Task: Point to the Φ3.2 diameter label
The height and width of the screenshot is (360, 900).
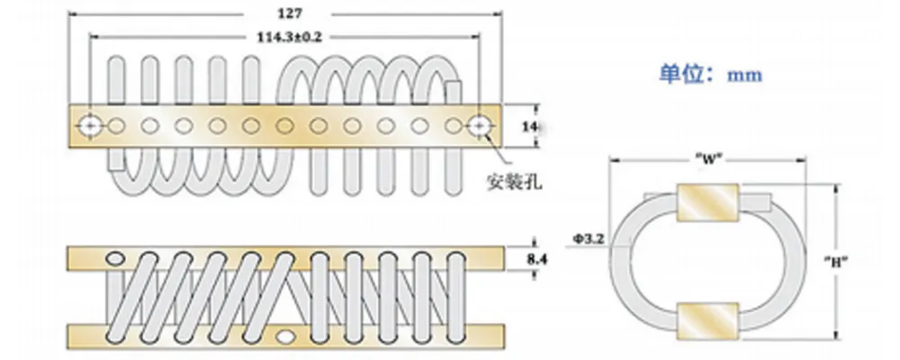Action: click(584, 239)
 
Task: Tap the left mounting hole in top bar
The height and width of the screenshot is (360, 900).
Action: click(90, 125)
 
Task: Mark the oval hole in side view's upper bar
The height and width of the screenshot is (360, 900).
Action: click(116, 260)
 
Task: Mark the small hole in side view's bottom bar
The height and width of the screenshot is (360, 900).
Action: click(286, 337)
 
